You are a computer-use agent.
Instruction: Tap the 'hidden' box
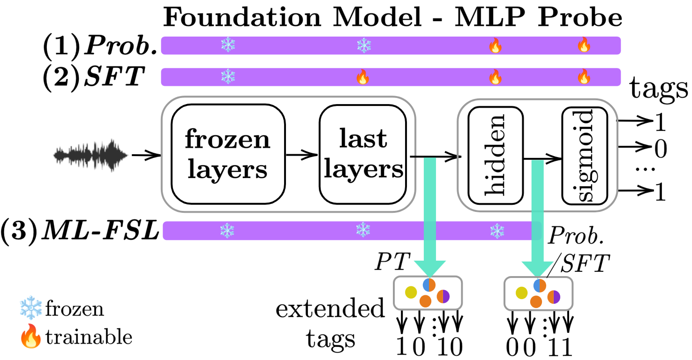coord(496,155)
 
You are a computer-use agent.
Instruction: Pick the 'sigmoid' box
coord(584,155)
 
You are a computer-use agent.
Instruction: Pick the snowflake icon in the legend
coord(31,309)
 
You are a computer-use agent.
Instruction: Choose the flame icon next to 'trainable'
coord(31,337)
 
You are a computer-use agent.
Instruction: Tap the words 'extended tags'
coord(330,323)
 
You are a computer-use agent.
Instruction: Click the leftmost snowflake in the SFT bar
coord(227,77)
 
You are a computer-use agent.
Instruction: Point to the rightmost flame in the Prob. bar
coord(584,45)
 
